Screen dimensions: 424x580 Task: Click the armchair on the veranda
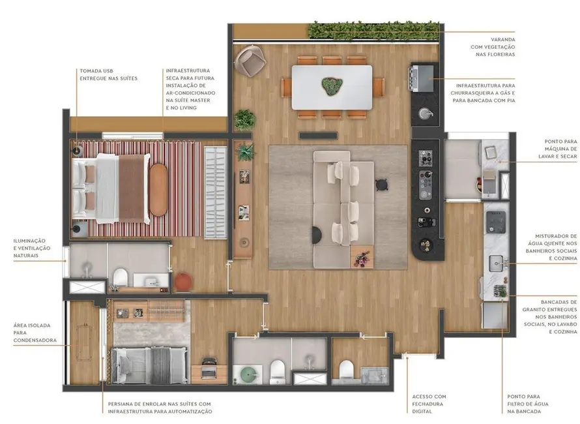click(x=248, y=61)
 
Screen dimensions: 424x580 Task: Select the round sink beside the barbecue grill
click(x=426, y=114)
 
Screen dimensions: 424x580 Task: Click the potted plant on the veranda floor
click(x=244, y=119)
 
